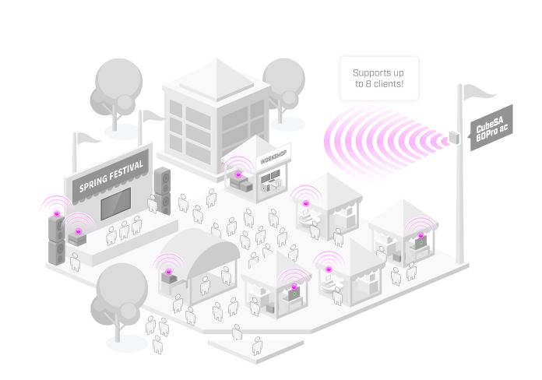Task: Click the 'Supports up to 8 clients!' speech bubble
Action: pos(379,78)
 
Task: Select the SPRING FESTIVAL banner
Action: pos(112,178)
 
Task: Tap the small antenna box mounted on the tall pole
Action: pos(453,139)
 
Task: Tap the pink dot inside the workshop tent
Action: pos(238,174)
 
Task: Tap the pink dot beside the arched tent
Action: pos(167,271)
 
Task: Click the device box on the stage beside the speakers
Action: pos(78,238)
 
